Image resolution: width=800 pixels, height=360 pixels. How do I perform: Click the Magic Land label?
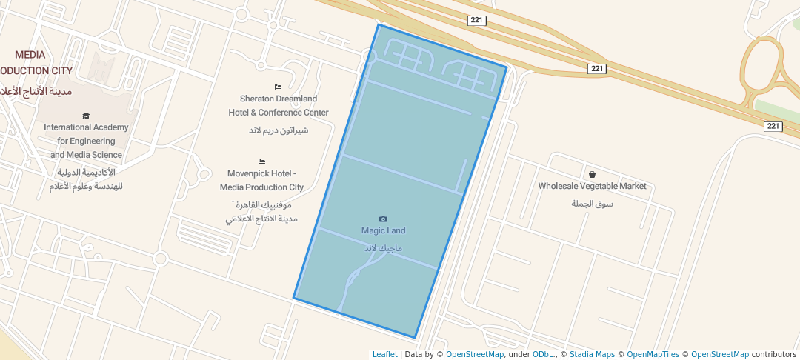383,231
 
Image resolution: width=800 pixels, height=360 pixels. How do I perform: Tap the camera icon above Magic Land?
383,219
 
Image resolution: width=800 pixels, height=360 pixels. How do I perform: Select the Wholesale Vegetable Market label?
592,187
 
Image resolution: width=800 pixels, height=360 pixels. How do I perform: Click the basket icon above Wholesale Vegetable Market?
592,175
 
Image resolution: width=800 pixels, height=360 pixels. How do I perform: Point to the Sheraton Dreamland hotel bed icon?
278,87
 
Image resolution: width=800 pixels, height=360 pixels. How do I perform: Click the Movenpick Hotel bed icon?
261,161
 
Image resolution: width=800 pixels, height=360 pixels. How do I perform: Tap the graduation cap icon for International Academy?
86,116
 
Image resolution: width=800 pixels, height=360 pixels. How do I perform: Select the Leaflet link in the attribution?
384,355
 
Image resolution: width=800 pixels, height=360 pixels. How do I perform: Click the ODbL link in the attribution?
543,355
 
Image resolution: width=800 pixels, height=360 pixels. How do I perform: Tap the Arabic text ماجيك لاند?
383,247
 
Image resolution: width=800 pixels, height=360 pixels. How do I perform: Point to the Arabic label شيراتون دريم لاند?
278,130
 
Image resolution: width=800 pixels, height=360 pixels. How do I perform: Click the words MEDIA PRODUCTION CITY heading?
33,63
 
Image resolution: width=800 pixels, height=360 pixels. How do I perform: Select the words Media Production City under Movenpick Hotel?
261,187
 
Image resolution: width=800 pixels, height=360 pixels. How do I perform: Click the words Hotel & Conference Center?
278,113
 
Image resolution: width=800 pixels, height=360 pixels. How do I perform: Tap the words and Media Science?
86,155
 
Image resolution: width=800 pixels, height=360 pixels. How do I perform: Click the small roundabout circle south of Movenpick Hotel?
160,259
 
